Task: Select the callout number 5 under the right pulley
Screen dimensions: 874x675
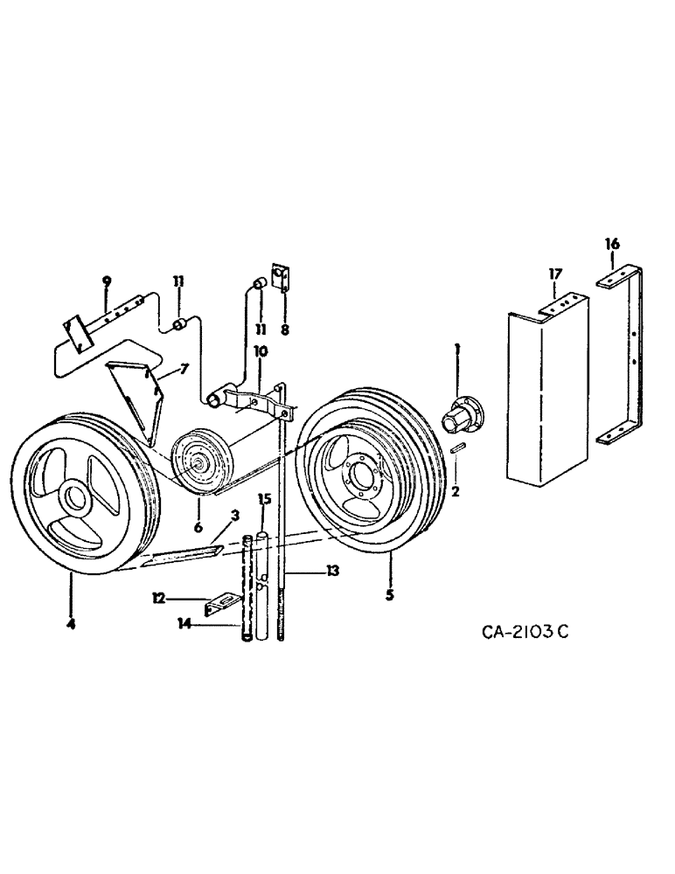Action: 390,595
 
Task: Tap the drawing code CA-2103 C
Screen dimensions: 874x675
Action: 518,631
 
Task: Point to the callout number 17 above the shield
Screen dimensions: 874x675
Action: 555,274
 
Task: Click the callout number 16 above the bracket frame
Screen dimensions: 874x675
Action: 612,245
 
